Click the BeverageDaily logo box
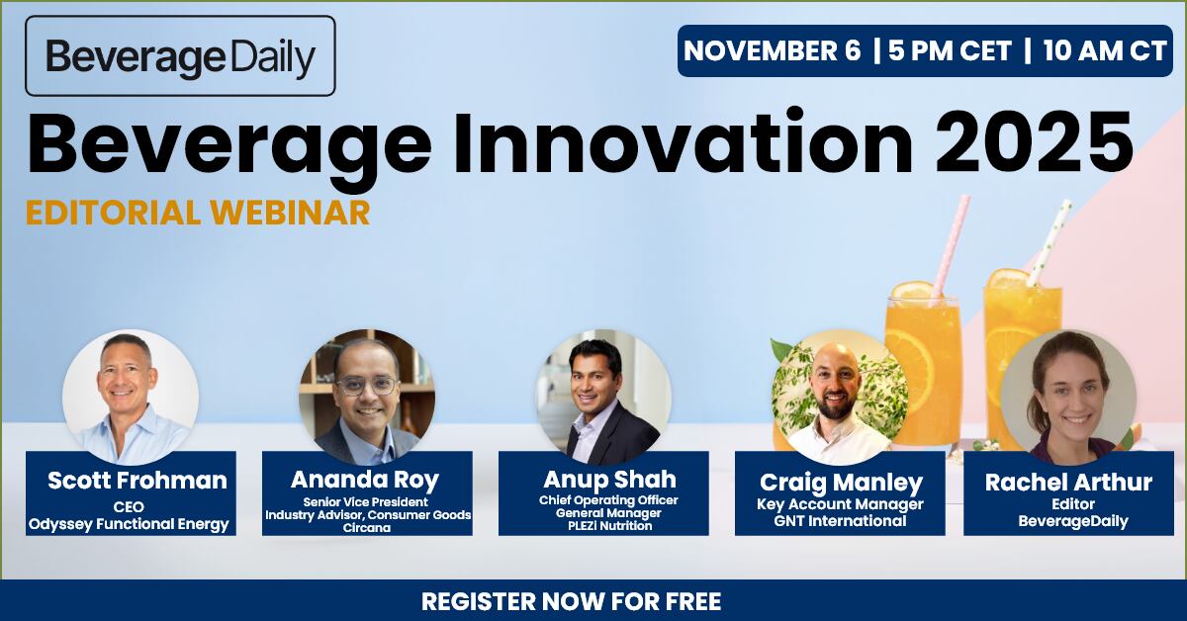180,56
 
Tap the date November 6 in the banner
773,51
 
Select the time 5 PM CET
950,51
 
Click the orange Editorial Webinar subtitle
198,213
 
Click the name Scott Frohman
137,482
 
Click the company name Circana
368,528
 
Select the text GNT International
840,521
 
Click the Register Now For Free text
571,601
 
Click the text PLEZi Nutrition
603,526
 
